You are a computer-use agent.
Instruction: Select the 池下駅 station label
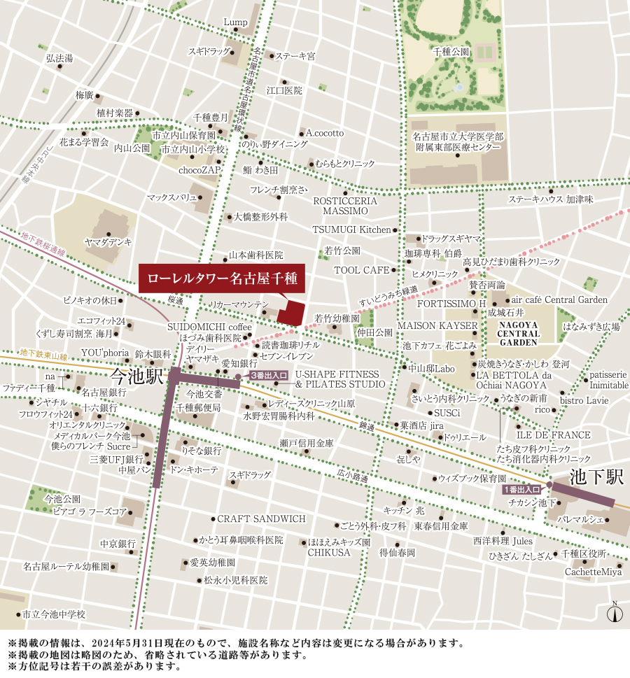[x=596, y=478]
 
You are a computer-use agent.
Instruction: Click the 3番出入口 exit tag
[x=269, y=376]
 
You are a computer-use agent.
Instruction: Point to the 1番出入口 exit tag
[x=522, y=490]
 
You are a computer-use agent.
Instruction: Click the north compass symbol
[x=615, y=613]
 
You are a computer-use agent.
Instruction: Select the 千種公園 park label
[x=450, y=52]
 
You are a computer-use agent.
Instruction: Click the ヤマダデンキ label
[x=108, y=241]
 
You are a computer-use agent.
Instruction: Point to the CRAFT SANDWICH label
[x=261, y=518]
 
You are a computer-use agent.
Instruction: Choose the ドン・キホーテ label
[x=194, y=469]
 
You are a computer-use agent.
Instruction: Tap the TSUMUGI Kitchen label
[x=351, y=229]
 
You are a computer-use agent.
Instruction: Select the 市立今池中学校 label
[x=53, y=614]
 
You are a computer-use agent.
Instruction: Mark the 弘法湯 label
[x=59, y=58]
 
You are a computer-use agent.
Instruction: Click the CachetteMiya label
[x=593, y=572]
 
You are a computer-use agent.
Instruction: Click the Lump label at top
[x=235, y=22]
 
